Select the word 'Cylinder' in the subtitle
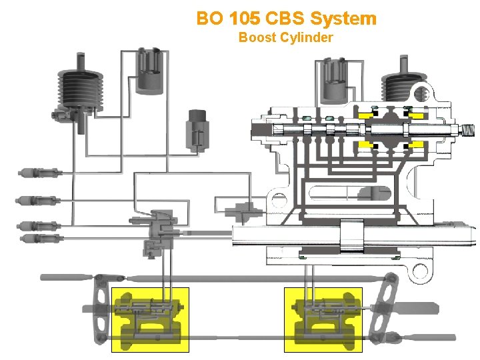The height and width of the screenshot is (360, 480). pos(309,37)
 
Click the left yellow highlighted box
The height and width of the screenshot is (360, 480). pos(150,319)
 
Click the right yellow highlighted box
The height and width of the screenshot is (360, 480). pos(323,319)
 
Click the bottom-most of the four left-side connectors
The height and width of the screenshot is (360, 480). pos(37,237)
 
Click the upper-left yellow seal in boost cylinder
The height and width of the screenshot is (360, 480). pos(366,115)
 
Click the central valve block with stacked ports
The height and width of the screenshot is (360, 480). pos(160,230)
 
